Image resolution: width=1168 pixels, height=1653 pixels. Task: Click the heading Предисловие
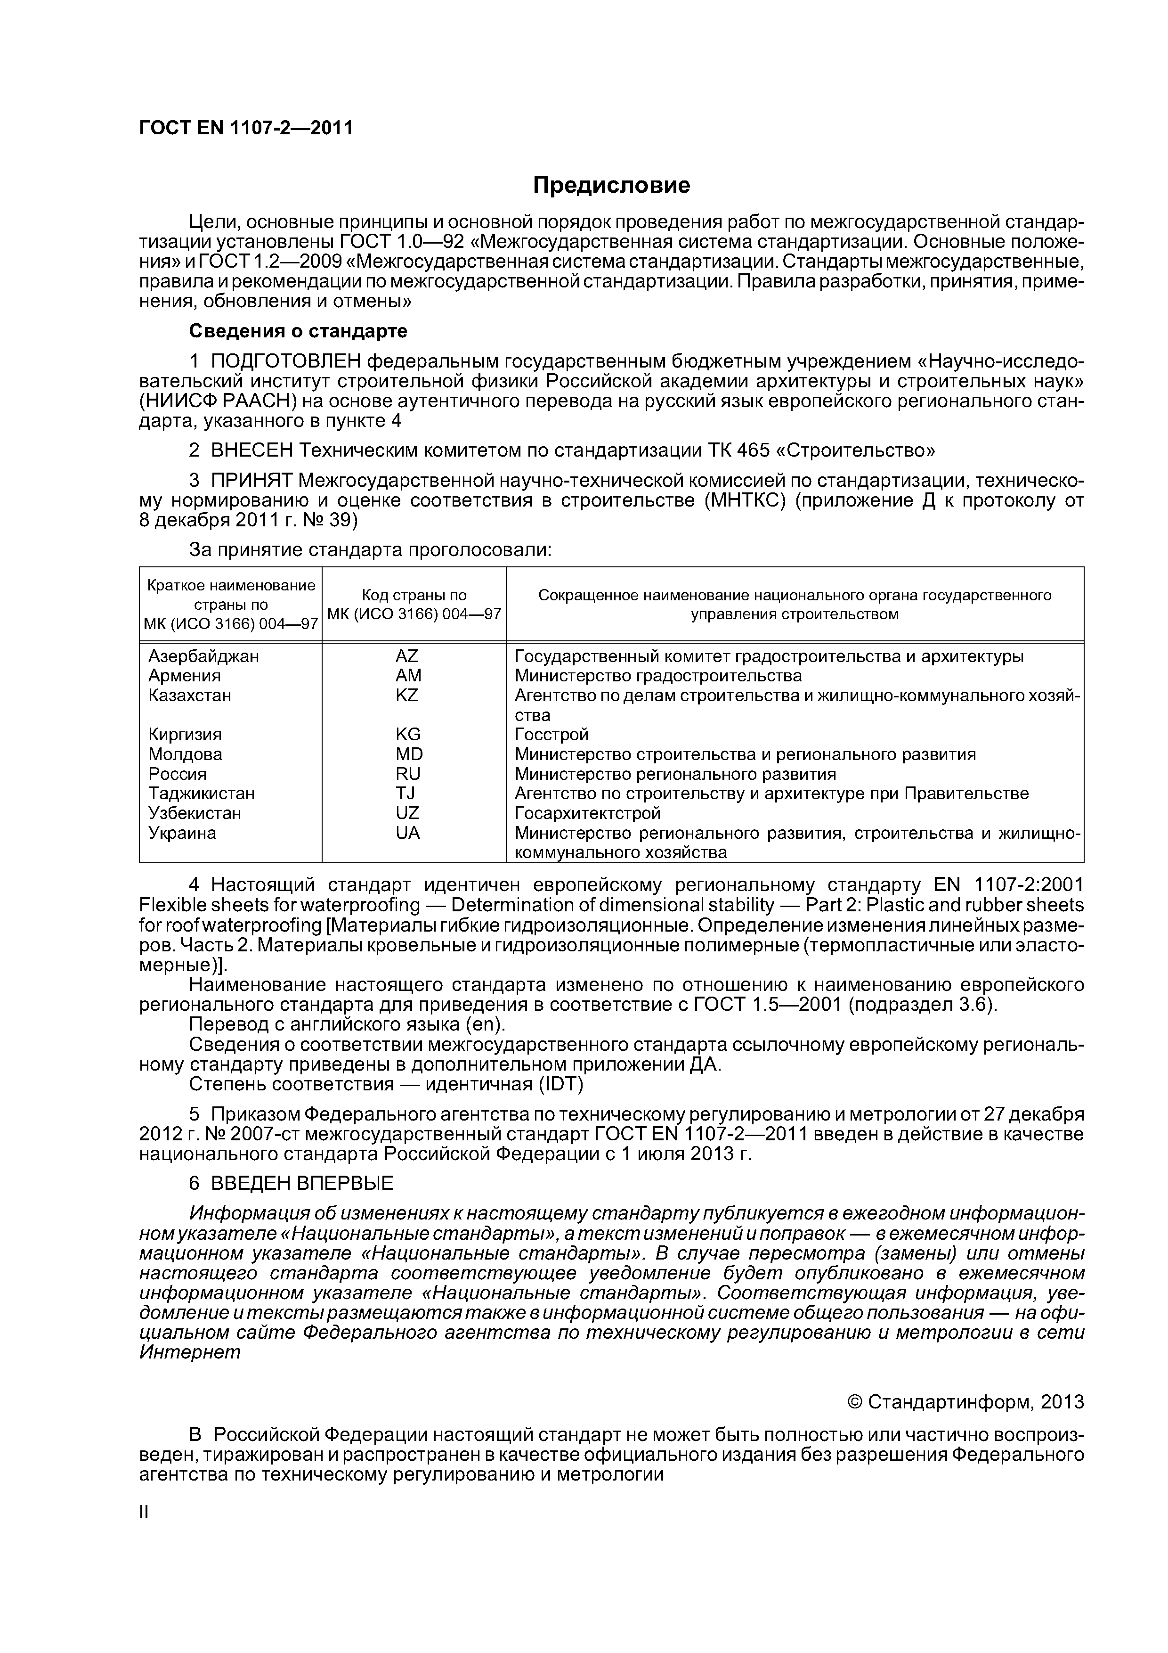(x=610, y=186)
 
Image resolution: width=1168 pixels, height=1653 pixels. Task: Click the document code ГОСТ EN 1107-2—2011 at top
(x=245, y=128)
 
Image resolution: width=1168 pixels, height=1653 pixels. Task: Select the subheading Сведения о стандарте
(x=298, y=331)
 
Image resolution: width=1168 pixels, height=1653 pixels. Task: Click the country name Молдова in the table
(x=185, y=754)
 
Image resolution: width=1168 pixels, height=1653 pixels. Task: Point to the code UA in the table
(x=407, y=833)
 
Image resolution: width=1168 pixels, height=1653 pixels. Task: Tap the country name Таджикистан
(x=202, y=794)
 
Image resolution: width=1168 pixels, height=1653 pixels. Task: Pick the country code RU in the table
(x=407, y=774)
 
